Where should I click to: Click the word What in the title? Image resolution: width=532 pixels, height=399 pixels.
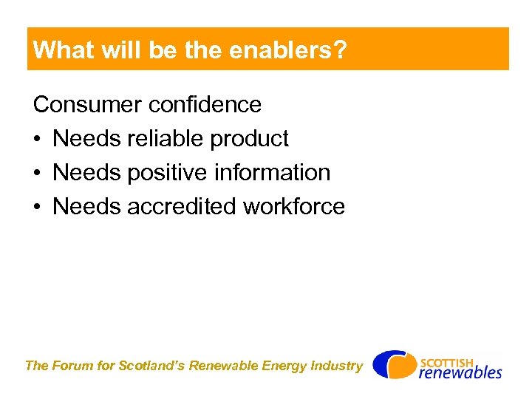(63, 50)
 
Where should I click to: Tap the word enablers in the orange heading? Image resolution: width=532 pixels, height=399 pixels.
(290, 50)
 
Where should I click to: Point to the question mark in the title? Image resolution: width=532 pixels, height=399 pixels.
(341, 50)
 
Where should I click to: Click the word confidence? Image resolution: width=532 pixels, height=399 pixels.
(205, 104)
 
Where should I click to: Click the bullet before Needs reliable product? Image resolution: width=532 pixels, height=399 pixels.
(37, 139)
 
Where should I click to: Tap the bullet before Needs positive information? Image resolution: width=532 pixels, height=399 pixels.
(37, 173)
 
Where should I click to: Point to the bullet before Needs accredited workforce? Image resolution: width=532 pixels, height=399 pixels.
(37, 207)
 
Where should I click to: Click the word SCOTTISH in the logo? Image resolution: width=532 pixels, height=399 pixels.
(448, 361)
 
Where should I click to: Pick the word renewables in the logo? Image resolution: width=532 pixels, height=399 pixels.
(460, 372)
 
